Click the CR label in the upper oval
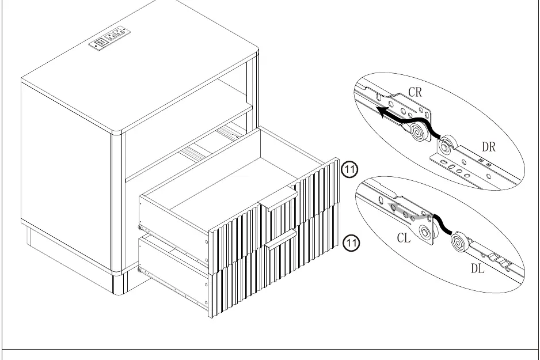415,92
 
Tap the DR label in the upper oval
489,147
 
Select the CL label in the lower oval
404,238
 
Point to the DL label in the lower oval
478,268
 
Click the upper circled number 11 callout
349,169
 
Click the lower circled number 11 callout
351,243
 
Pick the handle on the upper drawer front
278,199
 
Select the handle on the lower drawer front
281,239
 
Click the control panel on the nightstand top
109,38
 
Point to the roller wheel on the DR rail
446,145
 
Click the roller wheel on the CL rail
425,233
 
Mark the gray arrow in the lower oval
409,212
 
